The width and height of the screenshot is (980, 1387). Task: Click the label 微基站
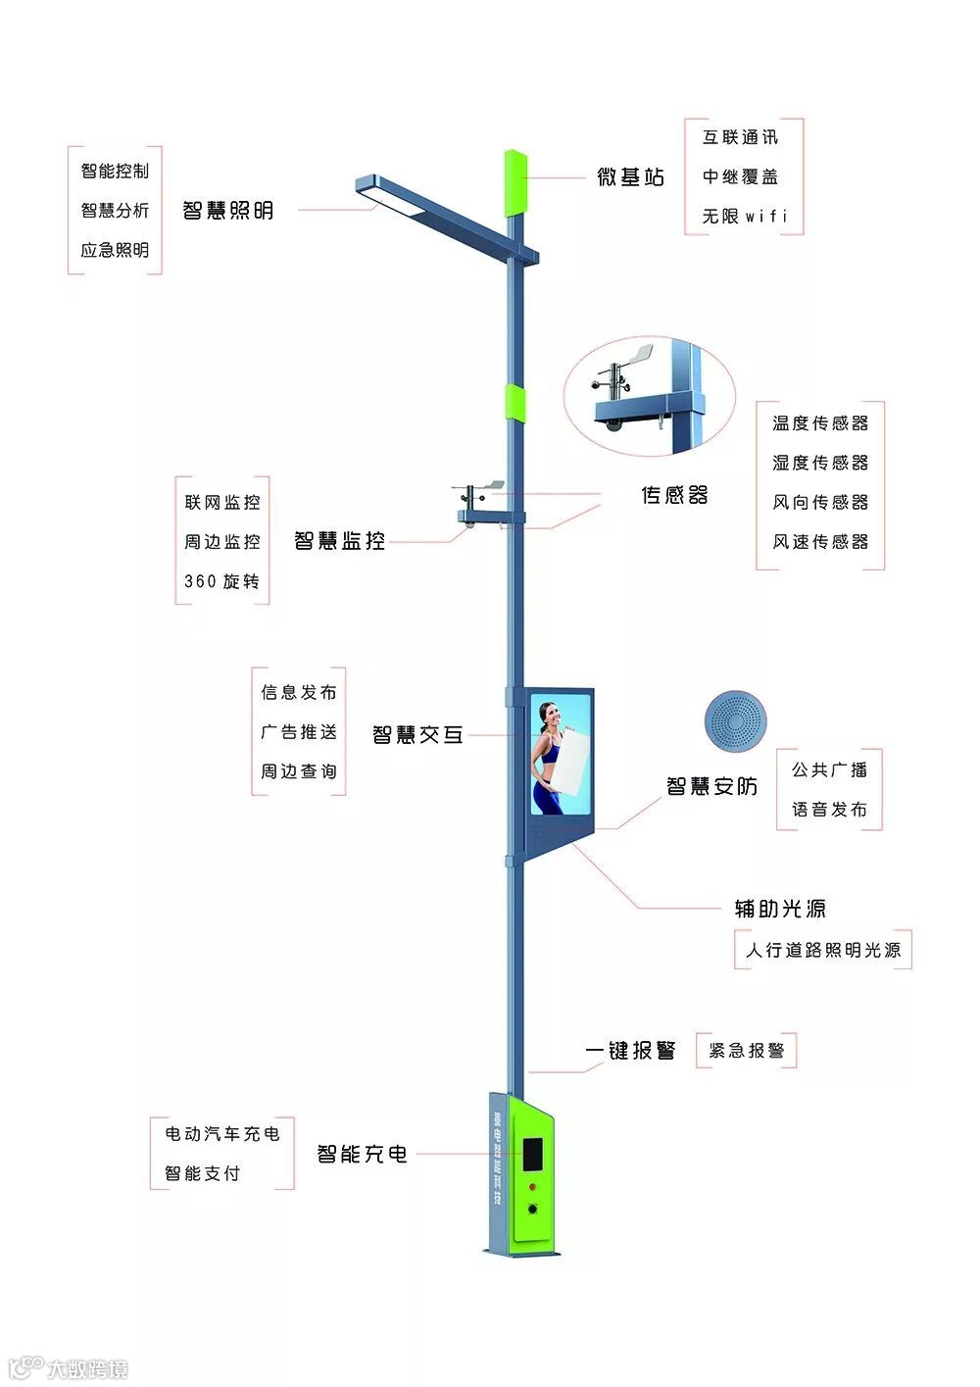point(630,177)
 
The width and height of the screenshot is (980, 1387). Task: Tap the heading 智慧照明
point(227,211)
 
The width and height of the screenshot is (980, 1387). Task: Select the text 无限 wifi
point(744,217)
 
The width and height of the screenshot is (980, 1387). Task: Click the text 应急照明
point(115,250)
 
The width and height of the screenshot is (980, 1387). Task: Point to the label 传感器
point(674,496)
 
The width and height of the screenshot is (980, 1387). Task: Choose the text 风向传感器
point(820,502)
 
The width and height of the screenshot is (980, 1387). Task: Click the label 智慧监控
point(339,541)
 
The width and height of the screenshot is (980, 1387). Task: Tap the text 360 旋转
point(222,581)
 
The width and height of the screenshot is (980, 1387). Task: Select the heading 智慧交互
point(417,735)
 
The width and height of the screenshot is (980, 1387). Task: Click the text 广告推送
point(299,732)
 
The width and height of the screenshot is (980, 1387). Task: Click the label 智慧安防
point(711,786)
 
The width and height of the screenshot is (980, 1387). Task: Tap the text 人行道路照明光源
point(822,950)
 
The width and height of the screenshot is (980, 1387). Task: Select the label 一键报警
point(630,1051)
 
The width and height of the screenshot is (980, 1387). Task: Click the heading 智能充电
point(362,1155)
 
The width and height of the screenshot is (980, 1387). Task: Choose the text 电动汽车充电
point(222,1134)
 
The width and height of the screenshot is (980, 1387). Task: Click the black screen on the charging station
point(532,1155)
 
